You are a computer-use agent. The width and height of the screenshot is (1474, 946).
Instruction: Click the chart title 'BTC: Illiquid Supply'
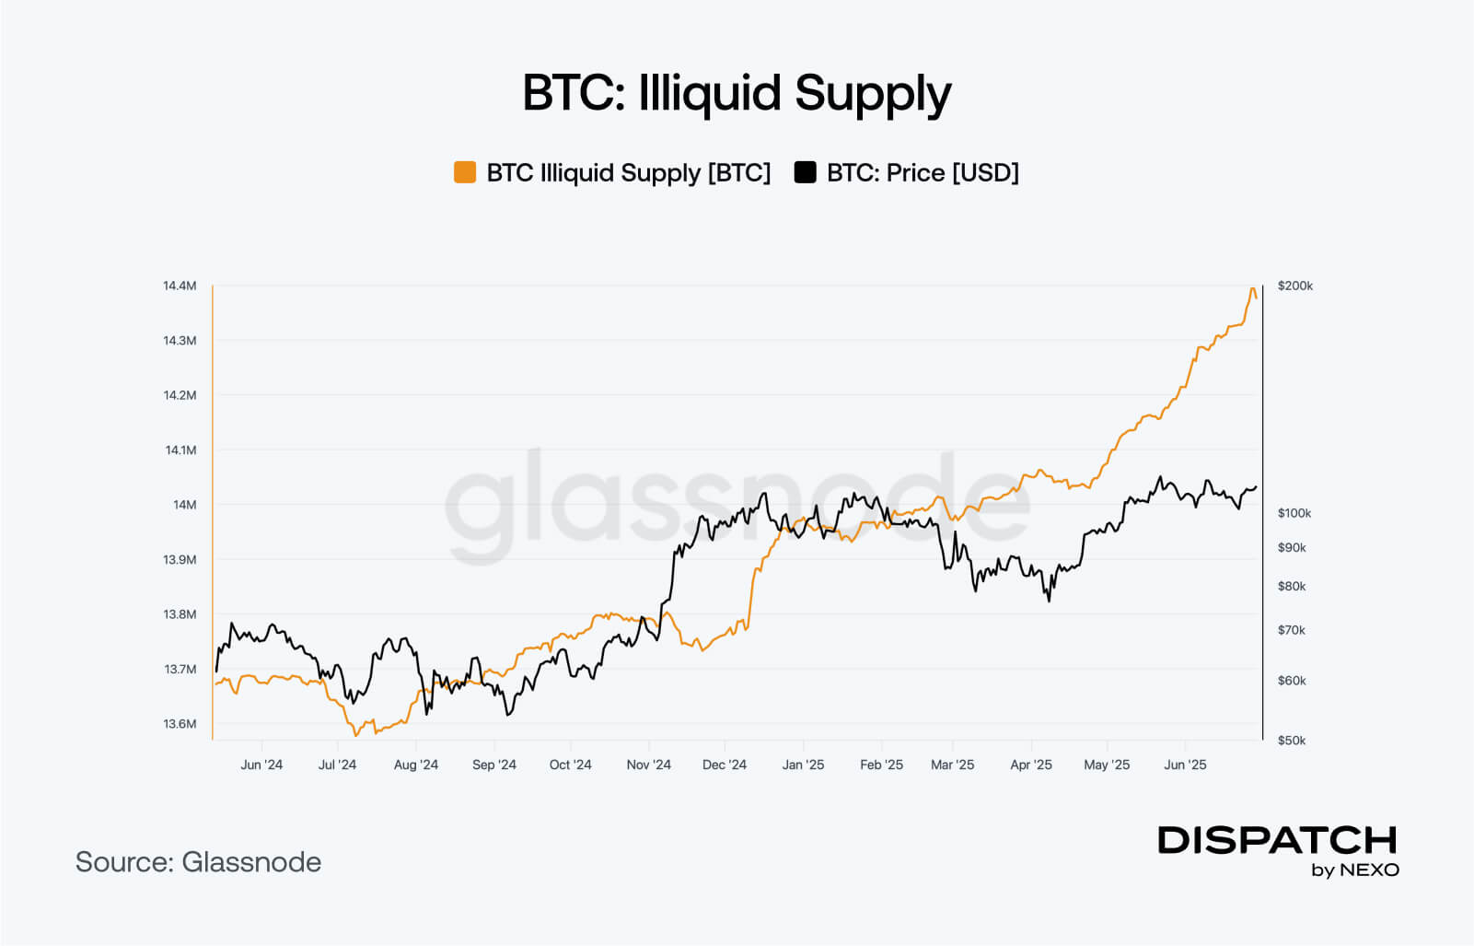[x=737, y=94]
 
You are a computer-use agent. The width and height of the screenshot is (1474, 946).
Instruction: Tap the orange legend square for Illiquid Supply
[x=465, y=172]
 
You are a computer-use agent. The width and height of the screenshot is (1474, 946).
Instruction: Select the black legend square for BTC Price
[x=806, y=172]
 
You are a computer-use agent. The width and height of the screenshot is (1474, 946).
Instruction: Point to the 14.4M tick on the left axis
[x=180, y=286]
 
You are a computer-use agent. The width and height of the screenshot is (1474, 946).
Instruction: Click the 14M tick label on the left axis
[x=184, y=505]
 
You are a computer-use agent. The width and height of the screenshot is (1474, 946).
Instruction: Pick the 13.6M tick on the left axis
[x=180, y=724]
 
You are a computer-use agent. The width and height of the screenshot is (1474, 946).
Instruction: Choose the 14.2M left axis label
[x=180, y=395]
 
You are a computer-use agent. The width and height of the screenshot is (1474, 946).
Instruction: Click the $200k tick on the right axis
[x=1295, y=286]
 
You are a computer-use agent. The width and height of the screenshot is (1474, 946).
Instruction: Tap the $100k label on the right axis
[x=1294, y=513]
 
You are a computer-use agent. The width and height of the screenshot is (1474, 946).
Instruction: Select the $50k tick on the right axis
[x=1292, y=741]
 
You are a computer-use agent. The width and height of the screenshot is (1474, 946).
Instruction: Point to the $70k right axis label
[x=1292, y=630]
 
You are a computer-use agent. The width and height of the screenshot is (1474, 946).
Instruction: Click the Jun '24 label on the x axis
[x=261, y=765]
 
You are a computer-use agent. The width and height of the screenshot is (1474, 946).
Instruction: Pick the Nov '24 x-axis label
[x=649, y=765]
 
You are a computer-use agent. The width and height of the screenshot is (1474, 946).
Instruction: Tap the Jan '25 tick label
[x=803, y=765]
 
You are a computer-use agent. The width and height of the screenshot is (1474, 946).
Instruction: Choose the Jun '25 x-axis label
[x=1185, y=765]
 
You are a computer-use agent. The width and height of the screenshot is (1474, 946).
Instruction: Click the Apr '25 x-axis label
[x=1031, y=765]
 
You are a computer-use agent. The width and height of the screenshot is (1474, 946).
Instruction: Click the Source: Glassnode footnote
[x=198, y=862]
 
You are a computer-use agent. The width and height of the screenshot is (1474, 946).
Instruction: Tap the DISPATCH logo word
[x=1277, y=840]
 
